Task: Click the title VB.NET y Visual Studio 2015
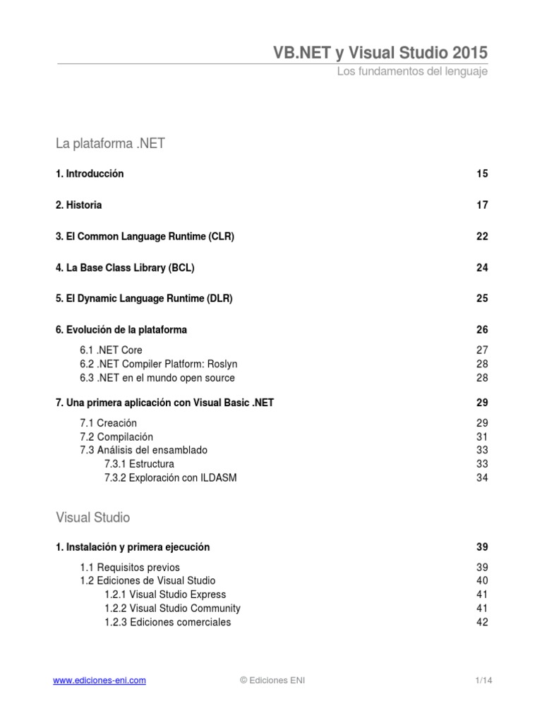coord(380,53)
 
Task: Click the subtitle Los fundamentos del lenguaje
coord(412,72)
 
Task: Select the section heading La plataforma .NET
coord(110,144)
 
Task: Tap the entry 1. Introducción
coord(90,173)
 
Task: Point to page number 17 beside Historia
coord(482,205)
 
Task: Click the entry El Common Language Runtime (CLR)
coord(145,236)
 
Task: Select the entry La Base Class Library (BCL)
coord(125,267)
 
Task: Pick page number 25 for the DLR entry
coord(482,298)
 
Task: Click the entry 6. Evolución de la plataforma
coord(121,329)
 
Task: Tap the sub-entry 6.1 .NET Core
coord(111,350)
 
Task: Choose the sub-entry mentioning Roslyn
coord(159,364)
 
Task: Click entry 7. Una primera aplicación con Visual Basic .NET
coord(164,403)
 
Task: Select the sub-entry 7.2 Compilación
coord(116,436)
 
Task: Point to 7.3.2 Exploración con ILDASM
coord(170,477)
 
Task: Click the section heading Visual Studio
coord(93,517)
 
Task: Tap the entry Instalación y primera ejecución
coord(133,546)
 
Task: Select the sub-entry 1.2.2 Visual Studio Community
coord(172,608)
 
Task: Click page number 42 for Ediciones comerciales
coord(482,622)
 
